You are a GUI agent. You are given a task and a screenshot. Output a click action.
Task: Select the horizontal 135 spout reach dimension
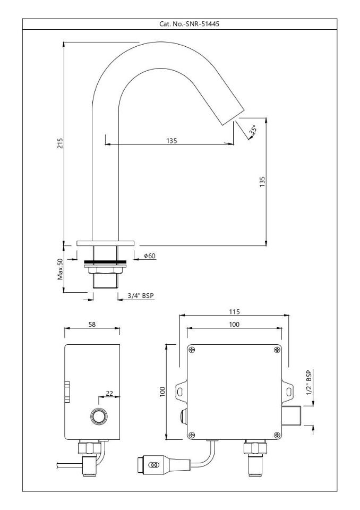(171, 140)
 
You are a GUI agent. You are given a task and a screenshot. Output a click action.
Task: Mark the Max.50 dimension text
(61, 269)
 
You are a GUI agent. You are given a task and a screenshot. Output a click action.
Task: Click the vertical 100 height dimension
(163, 392)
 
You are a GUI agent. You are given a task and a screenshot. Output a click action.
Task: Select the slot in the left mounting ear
(181, 392)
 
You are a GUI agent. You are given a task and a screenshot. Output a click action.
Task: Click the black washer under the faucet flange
(106, 261)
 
